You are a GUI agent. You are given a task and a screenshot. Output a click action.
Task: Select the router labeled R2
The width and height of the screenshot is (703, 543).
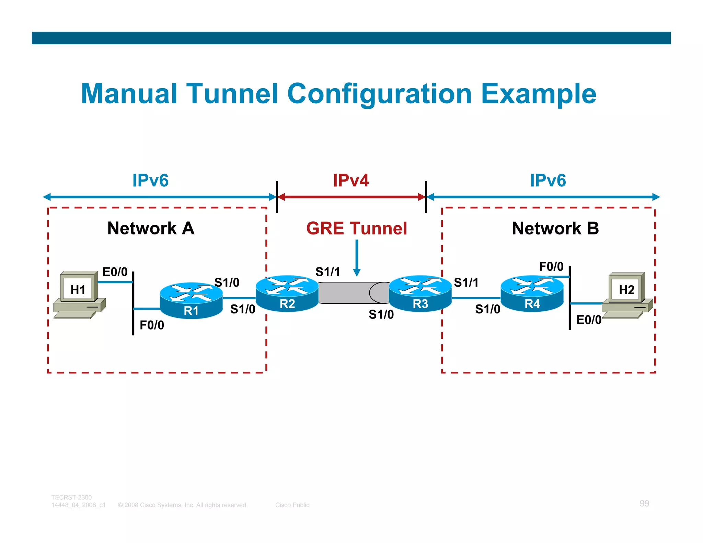287,293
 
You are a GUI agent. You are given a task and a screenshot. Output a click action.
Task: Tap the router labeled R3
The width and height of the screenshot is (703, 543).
420,293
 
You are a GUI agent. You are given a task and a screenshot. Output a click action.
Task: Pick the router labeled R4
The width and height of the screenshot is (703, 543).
532,293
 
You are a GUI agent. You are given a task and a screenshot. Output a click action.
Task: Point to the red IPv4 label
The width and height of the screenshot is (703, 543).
351,180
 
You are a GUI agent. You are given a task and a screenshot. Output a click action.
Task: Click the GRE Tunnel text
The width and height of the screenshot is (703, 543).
357,228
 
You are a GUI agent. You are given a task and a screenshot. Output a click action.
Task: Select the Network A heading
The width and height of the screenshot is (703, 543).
151,228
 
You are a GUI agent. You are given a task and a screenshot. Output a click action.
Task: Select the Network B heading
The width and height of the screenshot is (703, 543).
555,228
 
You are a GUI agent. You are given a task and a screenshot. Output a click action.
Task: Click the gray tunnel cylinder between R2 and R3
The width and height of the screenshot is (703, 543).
350,293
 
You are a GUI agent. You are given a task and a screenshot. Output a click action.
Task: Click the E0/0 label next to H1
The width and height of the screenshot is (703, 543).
115,272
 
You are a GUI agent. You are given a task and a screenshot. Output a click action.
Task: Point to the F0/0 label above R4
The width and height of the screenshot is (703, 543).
551,266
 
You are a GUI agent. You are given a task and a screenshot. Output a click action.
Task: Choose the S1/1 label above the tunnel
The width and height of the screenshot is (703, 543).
327,272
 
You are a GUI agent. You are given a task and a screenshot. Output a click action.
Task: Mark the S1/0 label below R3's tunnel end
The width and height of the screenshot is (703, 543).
381,314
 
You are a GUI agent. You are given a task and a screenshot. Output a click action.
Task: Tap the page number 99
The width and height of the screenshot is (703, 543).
644,503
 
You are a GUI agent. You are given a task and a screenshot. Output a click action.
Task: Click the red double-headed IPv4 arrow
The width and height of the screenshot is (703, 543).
351,197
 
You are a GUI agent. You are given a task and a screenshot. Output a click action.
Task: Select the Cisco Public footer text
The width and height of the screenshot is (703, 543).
292,505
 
